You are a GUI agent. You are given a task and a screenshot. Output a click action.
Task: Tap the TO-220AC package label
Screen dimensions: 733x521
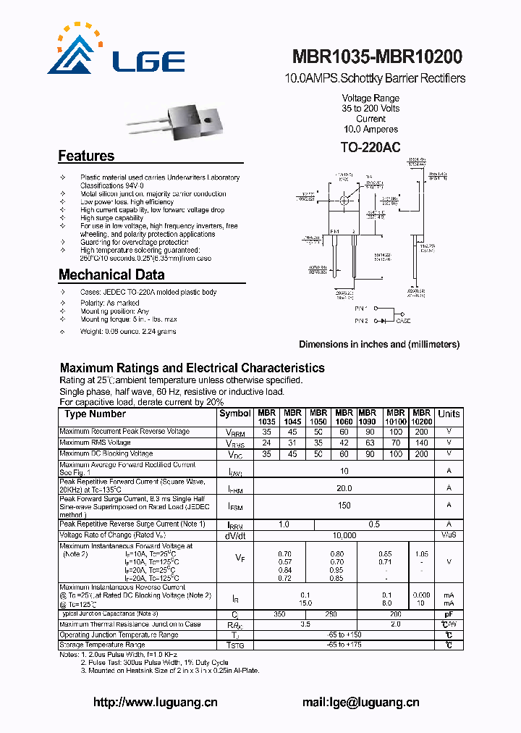[370, 148]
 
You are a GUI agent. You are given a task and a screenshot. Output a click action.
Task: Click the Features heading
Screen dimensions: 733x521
[86, 156]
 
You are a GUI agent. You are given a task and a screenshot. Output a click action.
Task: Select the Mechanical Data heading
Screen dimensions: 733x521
[111, 275]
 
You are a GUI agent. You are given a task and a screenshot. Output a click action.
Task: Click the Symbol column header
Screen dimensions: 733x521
[234, 414]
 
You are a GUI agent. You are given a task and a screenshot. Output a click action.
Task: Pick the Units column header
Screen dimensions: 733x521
[449, 414]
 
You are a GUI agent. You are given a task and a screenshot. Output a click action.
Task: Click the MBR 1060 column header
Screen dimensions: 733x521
[344, 416]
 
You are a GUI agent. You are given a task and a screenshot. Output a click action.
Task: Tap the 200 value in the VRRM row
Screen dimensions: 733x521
[421, 432]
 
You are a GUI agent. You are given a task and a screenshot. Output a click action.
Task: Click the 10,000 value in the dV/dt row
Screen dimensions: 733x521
[344, 535]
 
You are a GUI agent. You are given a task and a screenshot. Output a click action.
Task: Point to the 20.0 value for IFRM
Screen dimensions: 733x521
[344, 488]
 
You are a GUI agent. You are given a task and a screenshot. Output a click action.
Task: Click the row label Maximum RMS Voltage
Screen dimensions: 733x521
[96, 443]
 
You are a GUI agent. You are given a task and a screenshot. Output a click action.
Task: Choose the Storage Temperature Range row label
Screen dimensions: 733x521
[102, 644]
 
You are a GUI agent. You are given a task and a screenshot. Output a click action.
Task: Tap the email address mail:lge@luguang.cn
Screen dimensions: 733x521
[360, 702]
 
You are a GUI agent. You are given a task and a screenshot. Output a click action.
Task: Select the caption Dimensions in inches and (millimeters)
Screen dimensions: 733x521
[379, 345]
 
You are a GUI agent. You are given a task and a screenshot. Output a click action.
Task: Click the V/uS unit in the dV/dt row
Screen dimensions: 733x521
[449, 535]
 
